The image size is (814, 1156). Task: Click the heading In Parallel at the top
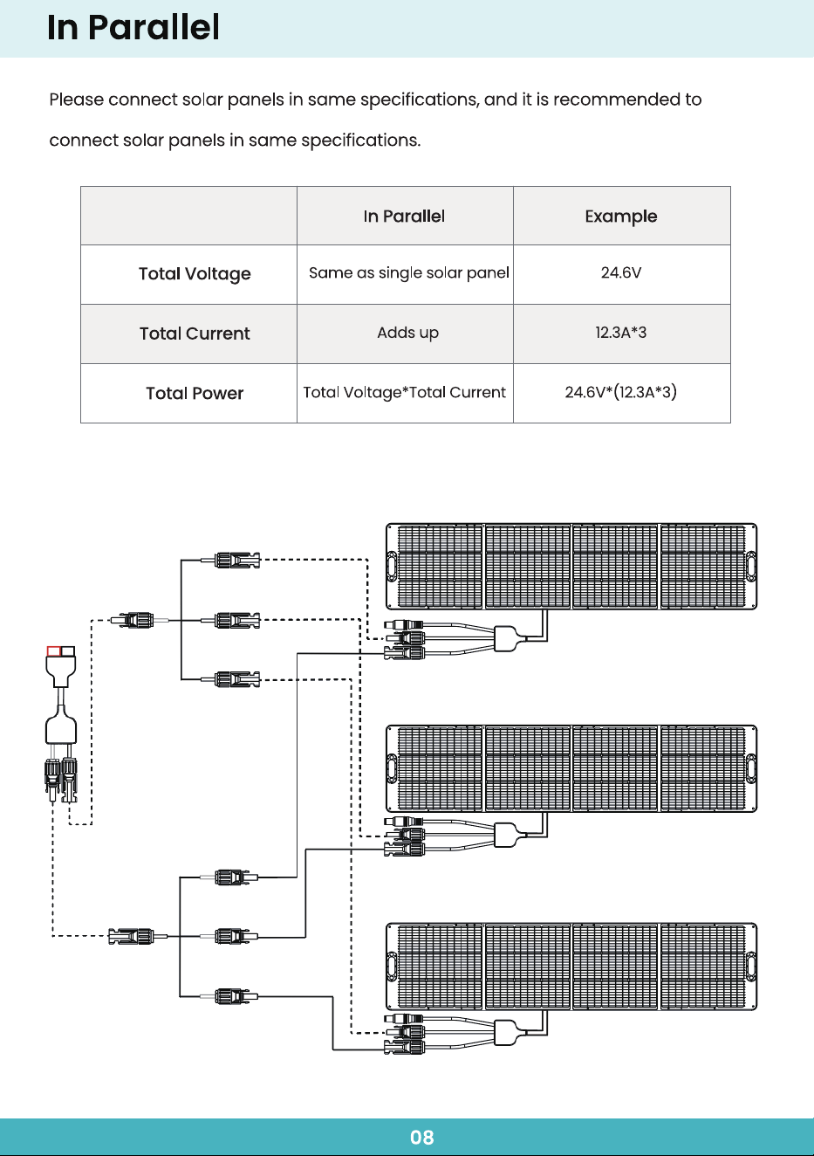133,27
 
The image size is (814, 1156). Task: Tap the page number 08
422,1138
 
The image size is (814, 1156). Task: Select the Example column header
621,217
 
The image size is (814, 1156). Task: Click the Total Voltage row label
195,273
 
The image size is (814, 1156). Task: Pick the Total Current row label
195,334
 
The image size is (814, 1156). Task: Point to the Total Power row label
195,393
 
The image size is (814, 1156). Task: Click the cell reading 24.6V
621,272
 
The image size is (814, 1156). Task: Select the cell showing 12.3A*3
621,333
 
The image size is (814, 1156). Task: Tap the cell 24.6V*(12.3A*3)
621,392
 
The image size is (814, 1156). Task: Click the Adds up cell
407,333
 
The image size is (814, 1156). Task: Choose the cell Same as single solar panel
408,272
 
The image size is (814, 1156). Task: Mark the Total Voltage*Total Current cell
405,392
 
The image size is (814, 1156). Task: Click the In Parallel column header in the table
404,217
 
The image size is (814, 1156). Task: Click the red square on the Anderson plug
53,651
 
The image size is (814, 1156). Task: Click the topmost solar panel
571,566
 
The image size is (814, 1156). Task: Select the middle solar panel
571,768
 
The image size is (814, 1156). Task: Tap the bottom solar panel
571,967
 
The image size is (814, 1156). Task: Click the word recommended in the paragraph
617,99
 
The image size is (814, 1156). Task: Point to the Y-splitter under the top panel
505,638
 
